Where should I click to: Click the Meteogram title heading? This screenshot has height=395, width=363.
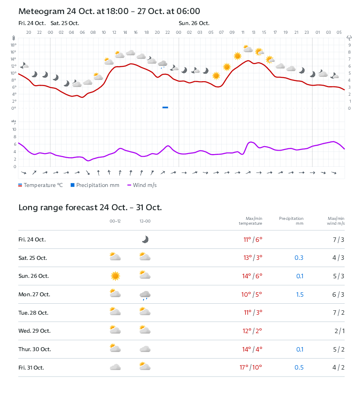click(x=109, y=11)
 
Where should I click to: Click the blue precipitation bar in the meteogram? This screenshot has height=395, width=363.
click(x=165, y=107)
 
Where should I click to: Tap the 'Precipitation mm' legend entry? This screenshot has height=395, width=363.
click(x=95, y=185)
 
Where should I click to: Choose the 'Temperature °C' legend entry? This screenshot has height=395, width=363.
click(x=40, y=185)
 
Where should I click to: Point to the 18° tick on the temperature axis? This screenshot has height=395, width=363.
click(x=14, y=45)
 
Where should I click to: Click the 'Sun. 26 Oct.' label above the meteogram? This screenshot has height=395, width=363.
click(x=194, y=23)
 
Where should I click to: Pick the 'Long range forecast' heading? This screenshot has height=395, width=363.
click(x=90, y=208)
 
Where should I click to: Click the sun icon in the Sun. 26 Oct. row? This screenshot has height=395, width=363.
click(x=115, y=276)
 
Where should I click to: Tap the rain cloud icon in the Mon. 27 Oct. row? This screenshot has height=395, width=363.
click(x=145, y=295)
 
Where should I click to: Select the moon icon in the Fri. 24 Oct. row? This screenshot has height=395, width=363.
click(x=145, y=239)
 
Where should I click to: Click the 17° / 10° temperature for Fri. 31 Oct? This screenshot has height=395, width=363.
click(x=251, y=368)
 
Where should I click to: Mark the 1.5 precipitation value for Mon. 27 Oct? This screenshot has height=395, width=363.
click(x=299, y=294)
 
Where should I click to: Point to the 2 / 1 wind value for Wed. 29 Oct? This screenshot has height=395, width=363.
click(x=339, y=331)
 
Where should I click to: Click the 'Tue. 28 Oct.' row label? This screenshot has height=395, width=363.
click(x=33, y=313)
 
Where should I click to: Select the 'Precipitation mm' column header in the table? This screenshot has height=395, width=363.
click(x=291, y=221)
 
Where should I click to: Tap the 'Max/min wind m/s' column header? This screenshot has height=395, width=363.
click(x=336, y=221)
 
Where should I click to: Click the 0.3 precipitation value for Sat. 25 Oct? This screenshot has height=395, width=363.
click(x=299, y=258)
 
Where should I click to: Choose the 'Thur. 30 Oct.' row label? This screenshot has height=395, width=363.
click(x=35, y=349)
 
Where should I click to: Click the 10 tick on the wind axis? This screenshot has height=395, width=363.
click(x=14, y=129)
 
